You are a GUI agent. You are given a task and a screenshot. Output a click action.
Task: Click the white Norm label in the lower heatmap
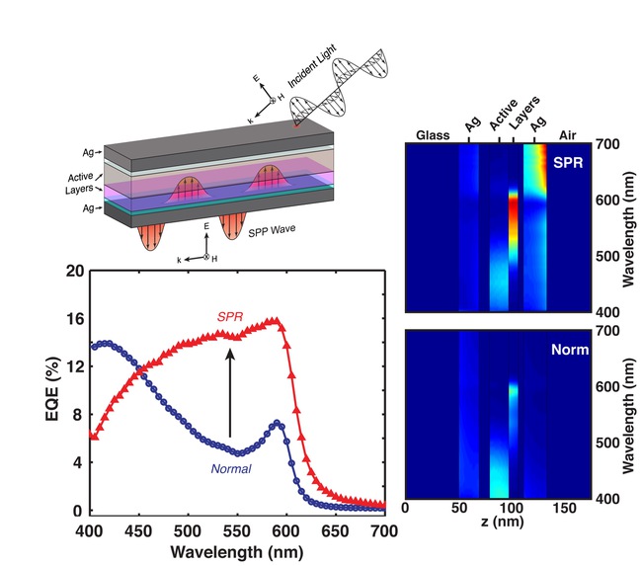pos(572,349)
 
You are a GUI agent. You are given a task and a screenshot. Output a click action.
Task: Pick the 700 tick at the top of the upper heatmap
pos(605,144)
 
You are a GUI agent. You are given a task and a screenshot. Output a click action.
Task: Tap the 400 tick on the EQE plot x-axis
pos(89,528)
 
